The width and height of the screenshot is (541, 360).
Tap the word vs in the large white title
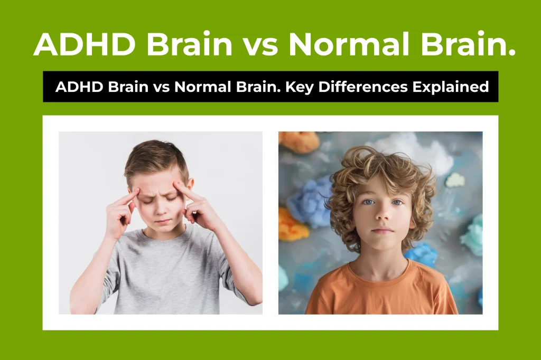tap(259, 44)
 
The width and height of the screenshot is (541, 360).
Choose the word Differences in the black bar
tap(370, 87)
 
